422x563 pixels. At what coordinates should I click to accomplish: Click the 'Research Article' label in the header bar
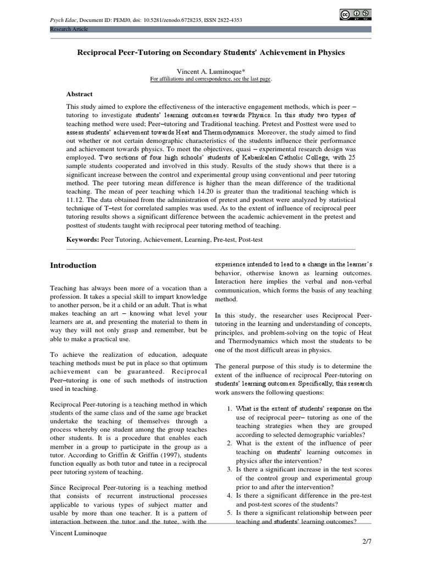pos(69,29)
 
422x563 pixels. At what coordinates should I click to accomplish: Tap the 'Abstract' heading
pos(80,94)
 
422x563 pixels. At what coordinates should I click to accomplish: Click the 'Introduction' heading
pos(73,265)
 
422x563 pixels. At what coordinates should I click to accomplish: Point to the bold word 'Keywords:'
pos(82,240)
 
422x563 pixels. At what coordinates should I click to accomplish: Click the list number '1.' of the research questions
pos(230,409)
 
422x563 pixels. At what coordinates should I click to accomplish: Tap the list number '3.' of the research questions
pos(230,469)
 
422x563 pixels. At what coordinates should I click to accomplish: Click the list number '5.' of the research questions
pos(230,512)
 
